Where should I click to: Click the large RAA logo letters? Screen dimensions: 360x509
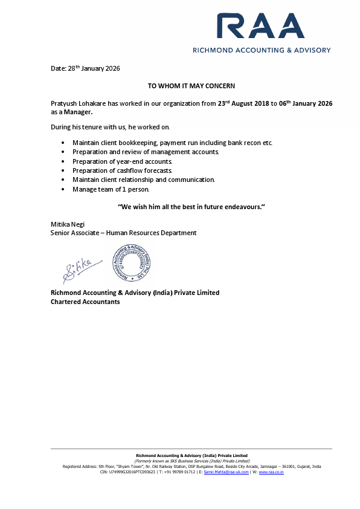tap(261, 27)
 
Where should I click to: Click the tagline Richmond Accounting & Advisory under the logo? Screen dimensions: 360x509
tap(261, 50)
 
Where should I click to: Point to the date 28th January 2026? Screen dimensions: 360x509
tap(85, 68)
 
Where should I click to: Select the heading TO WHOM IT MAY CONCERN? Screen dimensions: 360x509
tap(191, 86)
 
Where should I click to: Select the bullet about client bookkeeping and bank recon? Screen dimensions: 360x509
tap(173, 143)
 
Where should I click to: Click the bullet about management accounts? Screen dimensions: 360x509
tap(146, 152)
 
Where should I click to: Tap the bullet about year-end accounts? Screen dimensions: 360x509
tap(123, 161)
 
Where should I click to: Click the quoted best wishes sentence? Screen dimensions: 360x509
tap(191, 207)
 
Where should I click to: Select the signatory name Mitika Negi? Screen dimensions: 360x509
tap(67, 224)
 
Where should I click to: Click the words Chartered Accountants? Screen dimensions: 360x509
tap(85, 302)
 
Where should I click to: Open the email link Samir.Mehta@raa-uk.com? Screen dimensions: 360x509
tap(226, 472)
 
